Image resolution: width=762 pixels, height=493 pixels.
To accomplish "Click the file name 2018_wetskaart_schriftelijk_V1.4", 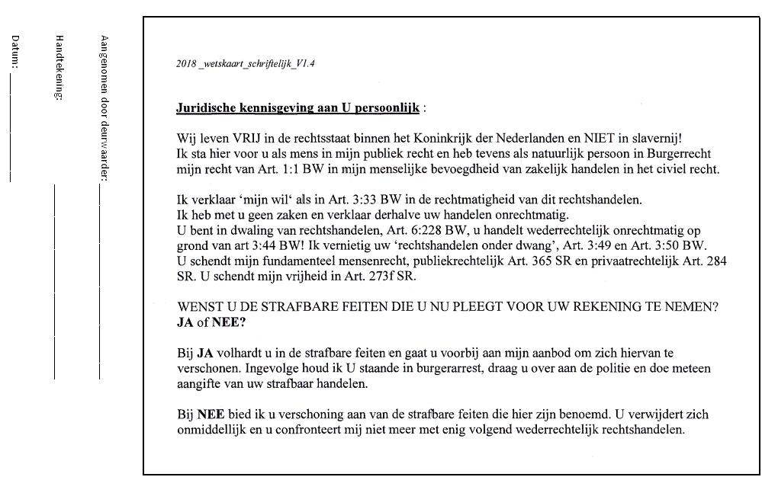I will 246,63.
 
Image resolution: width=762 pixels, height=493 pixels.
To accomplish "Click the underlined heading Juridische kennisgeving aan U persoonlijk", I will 297,108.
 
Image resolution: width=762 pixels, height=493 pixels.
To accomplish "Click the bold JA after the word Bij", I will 205,354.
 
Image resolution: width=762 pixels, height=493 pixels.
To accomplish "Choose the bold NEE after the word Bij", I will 211,415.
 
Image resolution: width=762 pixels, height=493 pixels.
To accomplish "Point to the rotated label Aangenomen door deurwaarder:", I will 104,107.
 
